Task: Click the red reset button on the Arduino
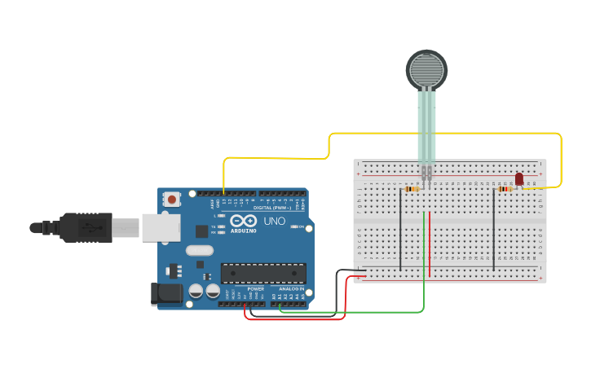point(172,199)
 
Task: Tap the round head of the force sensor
point(426,69)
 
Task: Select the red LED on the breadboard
point(519,179)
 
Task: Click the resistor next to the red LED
point(505,189)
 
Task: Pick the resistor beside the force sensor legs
point(412,189)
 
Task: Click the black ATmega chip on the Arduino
point(263,274)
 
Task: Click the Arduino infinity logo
point(243,220)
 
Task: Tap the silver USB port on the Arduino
point(161,227)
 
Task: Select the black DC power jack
point(166,294)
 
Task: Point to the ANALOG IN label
point(292,288)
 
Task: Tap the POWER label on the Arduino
point(255,288)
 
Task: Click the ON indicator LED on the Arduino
point(293,226)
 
